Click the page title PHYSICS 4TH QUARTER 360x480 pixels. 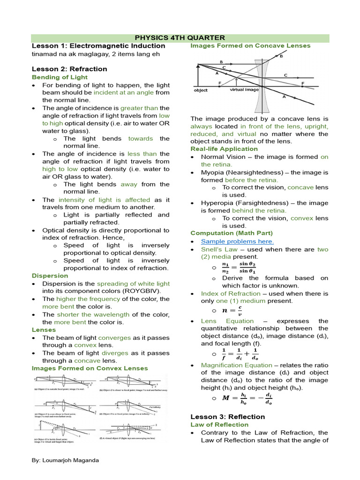point(180,37)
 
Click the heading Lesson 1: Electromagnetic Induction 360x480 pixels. point(98,46)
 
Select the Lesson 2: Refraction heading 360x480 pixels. point(69,69)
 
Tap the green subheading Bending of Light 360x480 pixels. point(60,77)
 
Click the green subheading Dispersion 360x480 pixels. point(50,276)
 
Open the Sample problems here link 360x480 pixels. point(237,241)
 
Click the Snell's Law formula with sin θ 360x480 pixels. point(239,268)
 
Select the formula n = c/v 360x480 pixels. point(232,311)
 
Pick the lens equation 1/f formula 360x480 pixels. point(239,354)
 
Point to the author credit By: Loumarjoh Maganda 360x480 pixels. point(65,460)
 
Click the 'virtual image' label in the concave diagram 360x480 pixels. point(244,89)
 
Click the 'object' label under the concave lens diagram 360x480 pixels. point(201,90)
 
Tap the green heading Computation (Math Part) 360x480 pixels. point(231,233)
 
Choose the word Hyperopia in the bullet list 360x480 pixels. point(217,203)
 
